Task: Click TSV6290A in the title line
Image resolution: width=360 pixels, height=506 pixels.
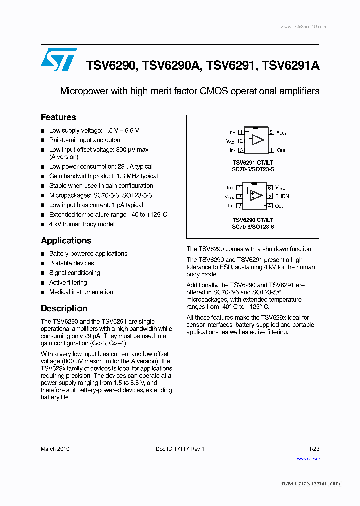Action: [170, 65]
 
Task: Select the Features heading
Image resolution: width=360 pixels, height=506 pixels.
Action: [58, 117]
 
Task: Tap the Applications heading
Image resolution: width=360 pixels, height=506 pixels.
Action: [66, 240]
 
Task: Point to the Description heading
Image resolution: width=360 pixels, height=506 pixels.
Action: [64, 308]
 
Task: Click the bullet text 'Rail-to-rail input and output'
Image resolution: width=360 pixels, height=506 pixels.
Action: [85, 140]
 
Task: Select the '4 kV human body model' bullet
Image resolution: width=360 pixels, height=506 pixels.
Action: [82, 224]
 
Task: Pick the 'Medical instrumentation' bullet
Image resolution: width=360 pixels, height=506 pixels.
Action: [81, 292]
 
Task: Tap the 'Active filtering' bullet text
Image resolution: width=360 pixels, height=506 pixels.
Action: [68, 283]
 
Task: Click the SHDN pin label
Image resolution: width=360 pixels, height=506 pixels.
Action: [282, 196]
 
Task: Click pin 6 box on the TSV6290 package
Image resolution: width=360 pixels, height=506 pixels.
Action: [269, 188]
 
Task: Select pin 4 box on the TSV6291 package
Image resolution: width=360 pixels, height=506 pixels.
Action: [270, 150]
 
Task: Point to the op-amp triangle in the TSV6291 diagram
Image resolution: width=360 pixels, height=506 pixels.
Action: [257, 140]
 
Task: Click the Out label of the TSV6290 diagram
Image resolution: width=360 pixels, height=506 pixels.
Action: [279, 206]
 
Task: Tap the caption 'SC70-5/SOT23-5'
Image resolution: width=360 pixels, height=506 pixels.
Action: [253, 169]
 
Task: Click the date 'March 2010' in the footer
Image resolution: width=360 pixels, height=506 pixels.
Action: [55, 449]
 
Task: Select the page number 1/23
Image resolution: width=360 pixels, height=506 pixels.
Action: [314, 449]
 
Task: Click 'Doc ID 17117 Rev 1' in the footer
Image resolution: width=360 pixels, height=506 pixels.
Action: [180, 449]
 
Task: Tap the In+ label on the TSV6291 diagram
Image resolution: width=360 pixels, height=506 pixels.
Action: [232, 132]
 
